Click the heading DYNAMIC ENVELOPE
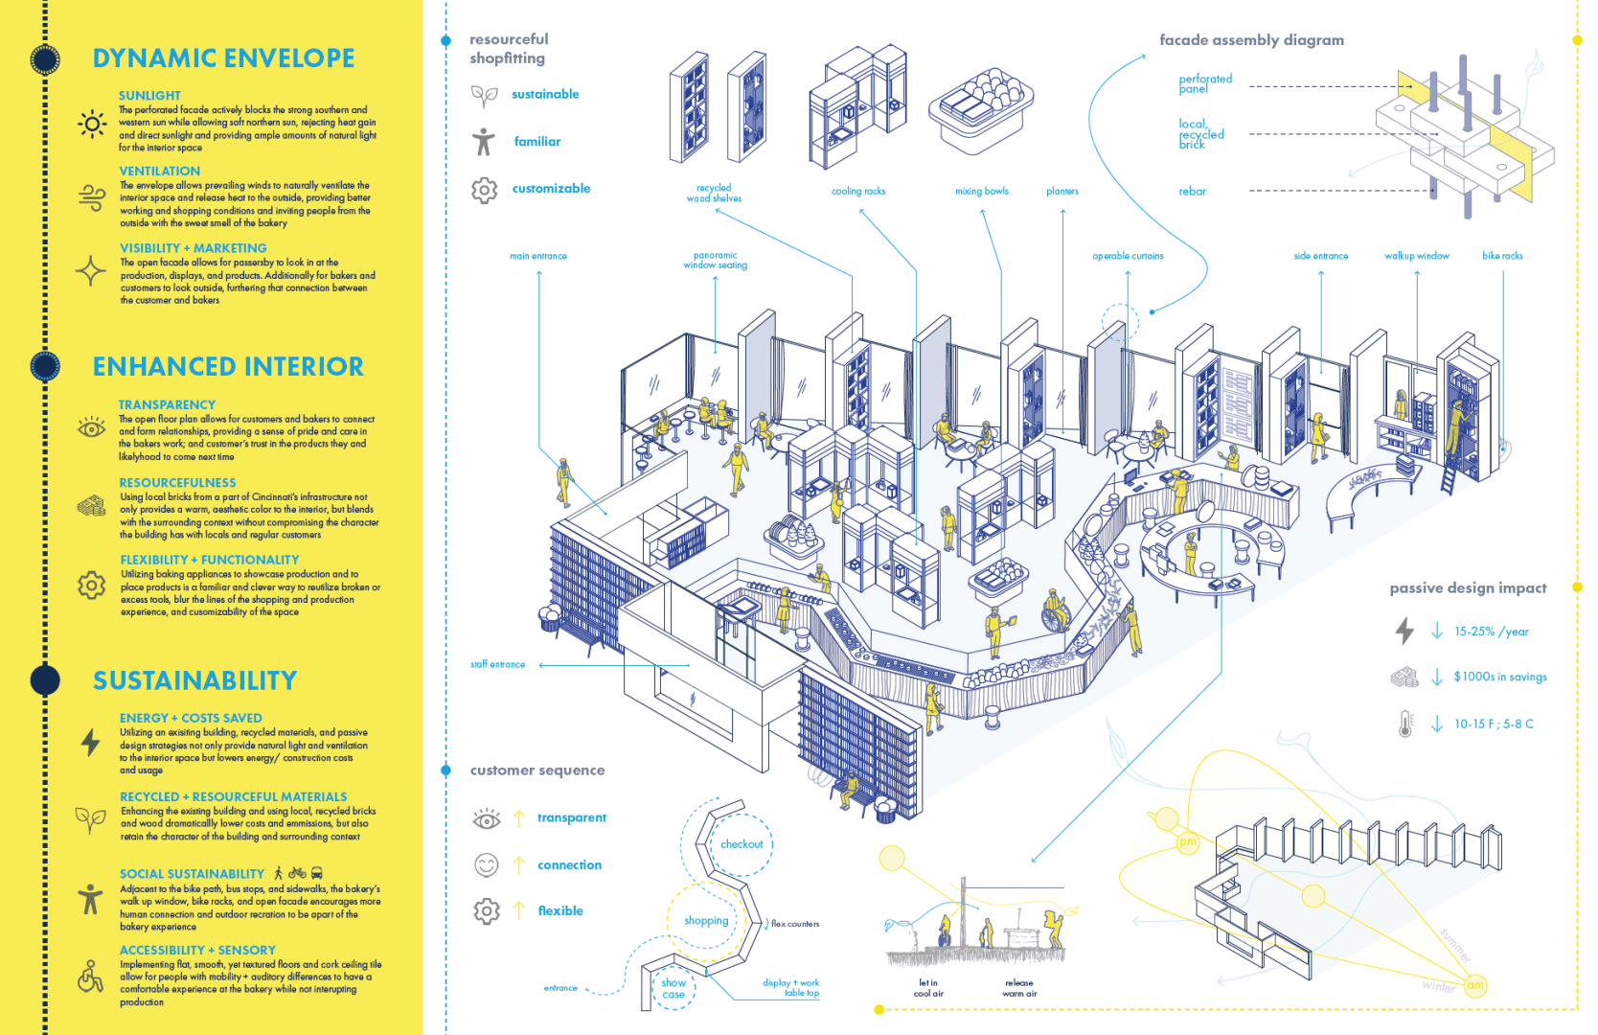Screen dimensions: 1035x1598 (223, 58)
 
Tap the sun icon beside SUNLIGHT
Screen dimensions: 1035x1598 (92, 124)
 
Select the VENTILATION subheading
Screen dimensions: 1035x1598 (159, 172)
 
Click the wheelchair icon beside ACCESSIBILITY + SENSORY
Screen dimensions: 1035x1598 (90, 977)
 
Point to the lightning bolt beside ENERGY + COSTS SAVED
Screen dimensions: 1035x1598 (90, 742)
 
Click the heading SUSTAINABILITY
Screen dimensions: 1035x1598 (194, 680)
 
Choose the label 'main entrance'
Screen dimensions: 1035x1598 (538, 256)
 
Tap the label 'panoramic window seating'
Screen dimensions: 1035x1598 (716, 261)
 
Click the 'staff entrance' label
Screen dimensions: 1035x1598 (497, 664)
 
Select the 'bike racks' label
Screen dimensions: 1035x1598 (1502, 256)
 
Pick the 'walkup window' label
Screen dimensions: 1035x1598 (1416, 256)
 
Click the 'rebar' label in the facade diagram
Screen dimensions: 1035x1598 (1193, 192)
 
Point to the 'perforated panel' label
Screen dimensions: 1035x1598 (1204, 83)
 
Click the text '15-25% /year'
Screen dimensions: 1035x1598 (1491, 632)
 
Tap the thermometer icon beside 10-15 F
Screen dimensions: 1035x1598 (1404, 724)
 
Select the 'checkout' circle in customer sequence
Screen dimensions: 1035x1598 (742, 844)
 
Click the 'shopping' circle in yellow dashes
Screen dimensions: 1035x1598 (706, 920)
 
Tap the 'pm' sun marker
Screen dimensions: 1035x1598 (1188, 842)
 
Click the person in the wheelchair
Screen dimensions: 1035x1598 (1055, 612)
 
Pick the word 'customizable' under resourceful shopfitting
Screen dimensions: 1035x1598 (551, 189)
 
